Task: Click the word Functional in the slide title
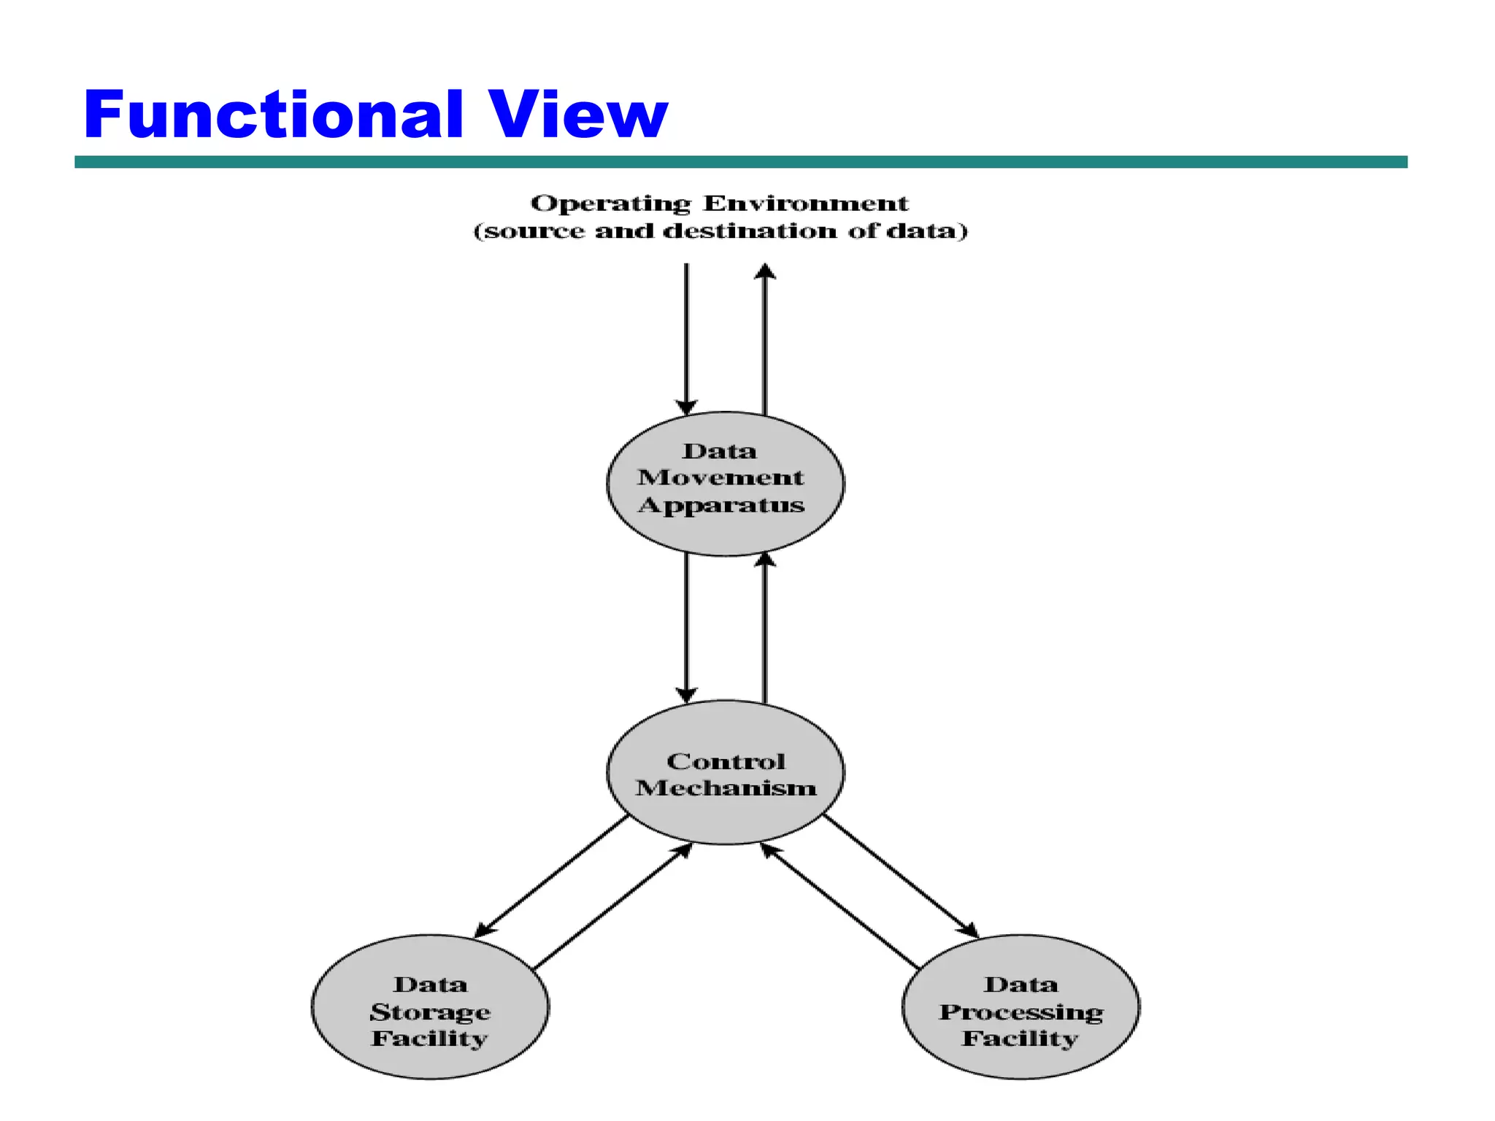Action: coord(274,115)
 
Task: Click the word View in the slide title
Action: coord(577,115)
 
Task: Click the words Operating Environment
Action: coord(719,204)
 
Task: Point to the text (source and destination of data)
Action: coord(720,231)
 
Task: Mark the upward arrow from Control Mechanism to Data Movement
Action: coord(765,628)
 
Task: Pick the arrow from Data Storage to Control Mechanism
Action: coord(613,906)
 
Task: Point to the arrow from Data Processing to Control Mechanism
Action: coord(839,906)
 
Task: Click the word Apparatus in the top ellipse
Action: coord(721,505)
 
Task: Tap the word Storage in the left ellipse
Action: coord(430,1012)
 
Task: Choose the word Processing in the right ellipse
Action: coord(1021,1012)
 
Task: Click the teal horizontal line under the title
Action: coord(740,162)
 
